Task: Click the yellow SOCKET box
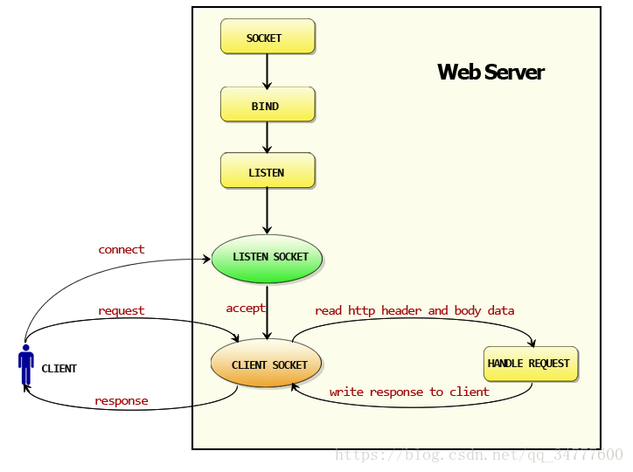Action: pos(268,37)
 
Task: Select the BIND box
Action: pos(268,105)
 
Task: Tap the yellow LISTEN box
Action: pos(268,170)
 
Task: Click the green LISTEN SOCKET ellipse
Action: pos(267,259)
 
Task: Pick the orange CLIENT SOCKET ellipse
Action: pos(266,363)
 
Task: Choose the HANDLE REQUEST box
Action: pos(531,364)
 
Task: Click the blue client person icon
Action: pos(26,365)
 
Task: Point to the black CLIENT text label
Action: pos(59,369)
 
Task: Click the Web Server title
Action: pos(490,73)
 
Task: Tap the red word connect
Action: pos(122,250)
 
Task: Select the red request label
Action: pos(122,311)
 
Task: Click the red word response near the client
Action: pos(122,401)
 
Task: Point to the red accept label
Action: pos(246,309)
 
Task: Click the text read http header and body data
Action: pos(414,310)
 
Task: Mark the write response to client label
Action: pos(409,392)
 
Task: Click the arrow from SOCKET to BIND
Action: pos(267,72)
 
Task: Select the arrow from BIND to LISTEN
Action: pos(267,137)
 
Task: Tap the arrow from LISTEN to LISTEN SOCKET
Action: pos(267,211)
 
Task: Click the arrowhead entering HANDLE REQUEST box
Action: pos(532,344)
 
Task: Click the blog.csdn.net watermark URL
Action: pos(479,455)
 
